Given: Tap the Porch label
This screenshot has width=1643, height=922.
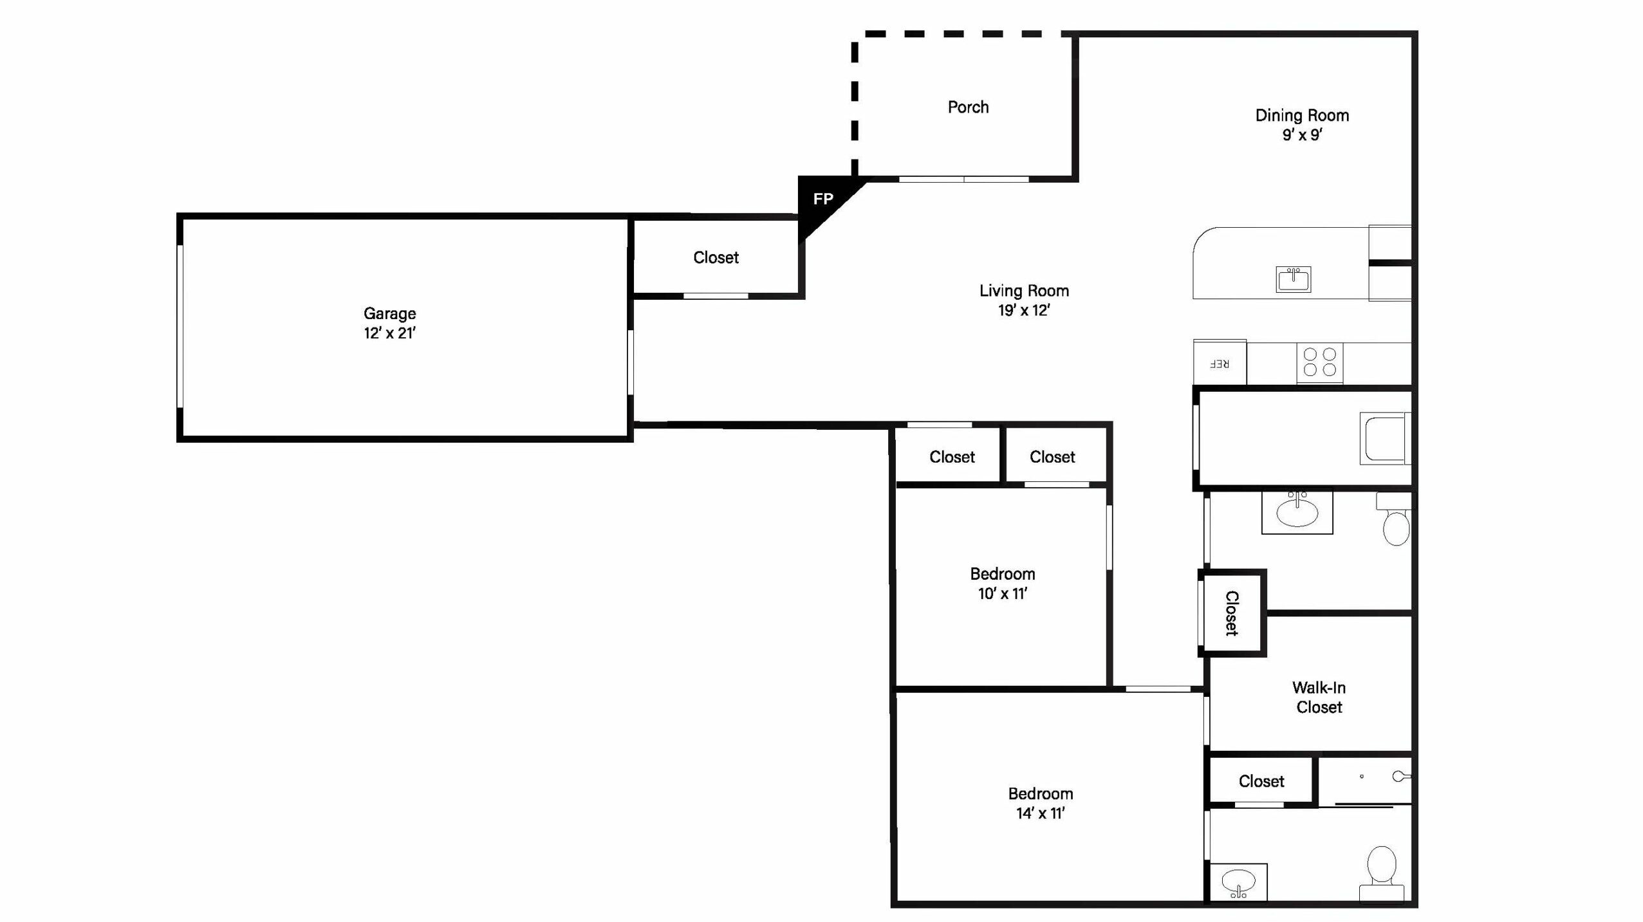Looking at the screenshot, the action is tap(968, 107).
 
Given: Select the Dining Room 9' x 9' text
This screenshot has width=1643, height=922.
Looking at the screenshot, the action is tap(1302, 125).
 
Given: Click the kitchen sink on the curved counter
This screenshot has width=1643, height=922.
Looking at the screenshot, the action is tap(1294, 279).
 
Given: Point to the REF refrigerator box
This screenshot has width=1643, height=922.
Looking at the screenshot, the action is tap(1220, 363).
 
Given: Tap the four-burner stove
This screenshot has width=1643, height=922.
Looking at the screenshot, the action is tap(1319, 362).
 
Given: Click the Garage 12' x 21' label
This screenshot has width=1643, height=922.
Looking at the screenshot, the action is tap(389, 323).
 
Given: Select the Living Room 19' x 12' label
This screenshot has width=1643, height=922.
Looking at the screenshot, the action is tap(1024, 300).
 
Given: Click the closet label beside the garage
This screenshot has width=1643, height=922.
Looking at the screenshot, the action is tap(716, 257).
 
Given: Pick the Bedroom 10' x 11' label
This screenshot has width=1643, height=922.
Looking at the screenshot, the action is tap(1003, 584).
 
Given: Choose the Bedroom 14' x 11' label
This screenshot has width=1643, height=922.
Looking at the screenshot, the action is tap(1041, 803).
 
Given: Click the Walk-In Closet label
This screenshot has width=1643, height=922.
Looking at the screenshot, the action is tap(1319, 697).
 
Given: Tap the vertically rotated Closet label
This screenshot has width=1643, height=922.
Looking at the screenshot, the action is tap(1232, 613).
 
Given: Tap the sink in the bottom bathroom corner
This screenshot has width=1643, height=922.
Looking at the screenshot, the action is tap(1238, 882).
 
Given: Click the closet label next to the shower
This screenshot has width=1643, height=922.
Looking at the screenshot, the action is tap(1261, 781).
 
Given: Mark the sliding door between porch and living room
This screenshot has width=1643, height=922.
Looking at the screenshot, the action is tap(963, 179).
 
